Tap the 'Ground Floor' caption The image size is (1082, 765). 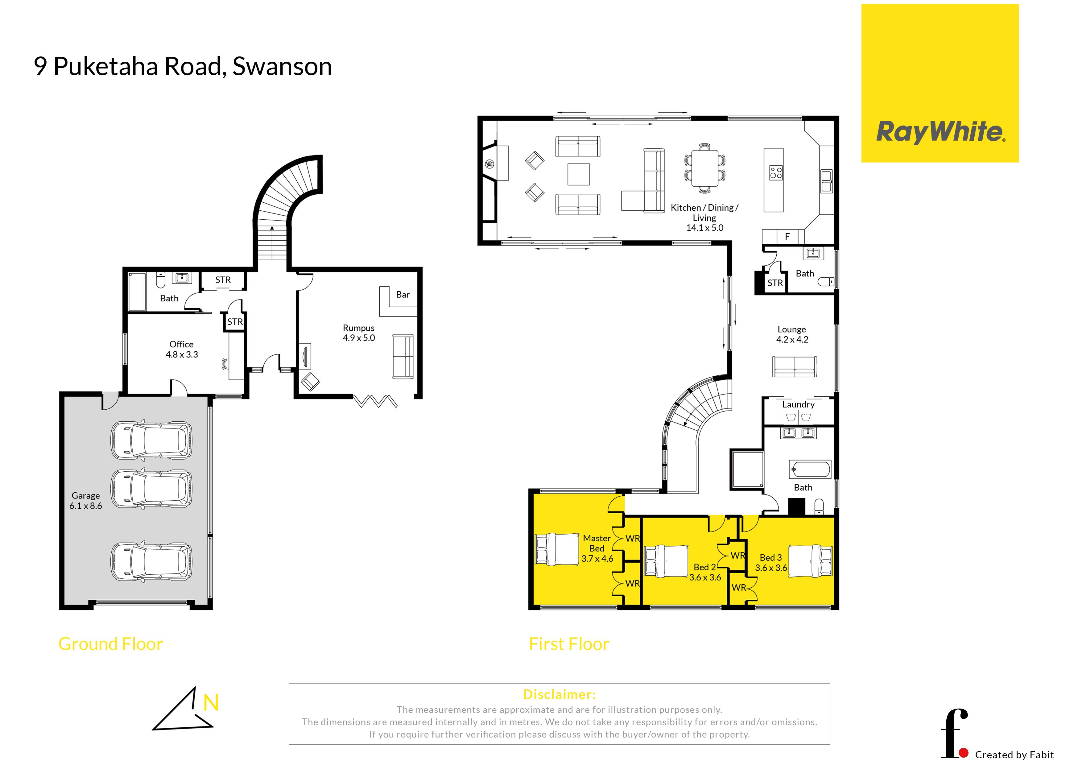click(x=111, y=644)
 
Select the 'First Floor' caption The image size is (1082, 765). click(x=569, y=644)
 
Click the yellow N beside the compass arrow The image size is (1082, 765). click(x=211, y=703)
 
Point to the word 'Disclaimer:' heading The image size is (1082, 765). click(x=560, y=694)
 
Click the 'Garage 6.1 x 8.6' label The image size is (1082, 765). click(x=86, y=501)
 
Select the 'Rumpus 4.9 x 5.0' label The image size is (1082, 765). click(x=359, y=333)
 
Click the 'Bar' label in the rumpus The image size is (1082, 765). click(x=403, y=295)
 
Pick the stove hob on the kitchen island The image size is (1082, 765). click(x=776, y=172)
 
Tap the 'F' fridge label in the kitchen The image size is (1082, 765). click(x=787, y=237)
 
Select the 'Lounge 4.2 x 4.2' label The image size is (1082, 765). click(x=792, y=334)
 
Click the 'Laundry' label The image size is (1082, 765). click(x=798, y=404)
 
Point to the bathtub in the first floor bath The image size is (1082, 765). click(x=810, y=469)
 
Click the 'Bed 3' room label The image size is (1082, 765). click(x=771, y=558)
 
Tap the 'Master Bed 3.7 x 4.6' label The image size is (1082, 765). click(x=597, y=548)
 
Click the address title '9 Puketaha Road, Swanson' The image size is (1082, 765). click(x=183, y=66)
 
